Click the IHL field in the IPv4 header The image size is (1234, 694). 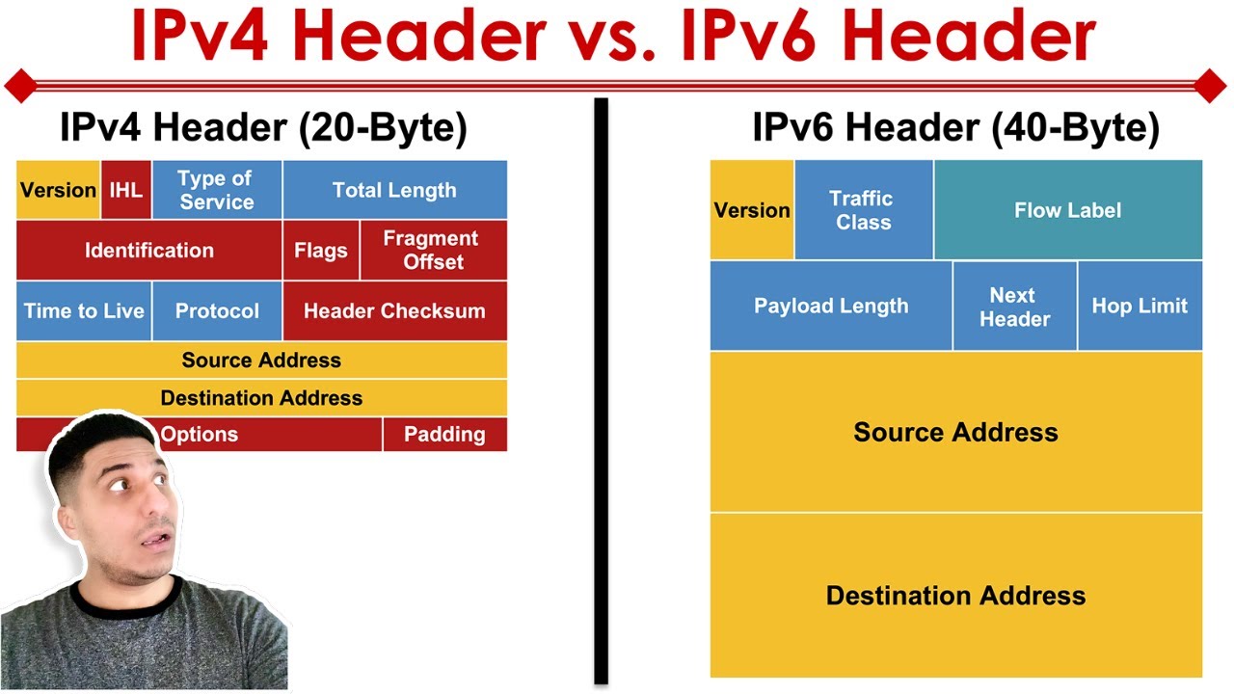126,190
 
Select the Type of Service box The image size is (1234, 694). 216,190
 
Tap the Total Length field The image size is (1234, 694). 394,190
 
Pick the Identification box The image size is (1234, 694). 149,251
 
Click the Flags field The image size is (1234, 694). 321,251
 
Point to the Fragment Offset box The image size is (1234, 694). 433,251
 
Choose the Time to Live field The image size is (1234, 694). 84,311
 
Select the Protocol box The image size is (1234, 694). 217,311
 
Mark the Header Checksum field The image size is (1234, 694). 394,311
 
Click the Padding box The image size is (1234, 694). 444,435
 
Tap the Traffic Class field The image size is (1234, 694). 864,210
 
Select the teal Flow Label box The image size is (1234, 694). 1067,210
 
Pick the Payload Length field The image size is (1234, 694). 831,306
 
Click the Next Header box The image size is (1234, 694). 1014,306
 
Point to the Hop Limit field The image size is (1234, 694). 1140,306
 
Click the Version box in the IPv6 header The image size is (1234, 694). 752,210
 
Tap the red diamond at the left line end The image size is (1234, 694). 20,86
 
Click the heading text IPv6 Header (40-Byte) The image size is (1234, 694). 955,128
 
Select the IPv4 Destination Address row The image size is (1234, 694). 261,398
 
